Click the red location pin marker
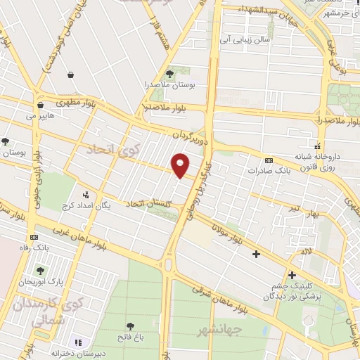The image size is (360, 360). (x=181, y=165)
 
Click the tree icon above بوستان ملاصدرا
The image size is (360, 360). (x=169, y=72)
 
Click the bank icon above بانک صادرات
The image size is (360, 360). (x=268, y=160)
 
